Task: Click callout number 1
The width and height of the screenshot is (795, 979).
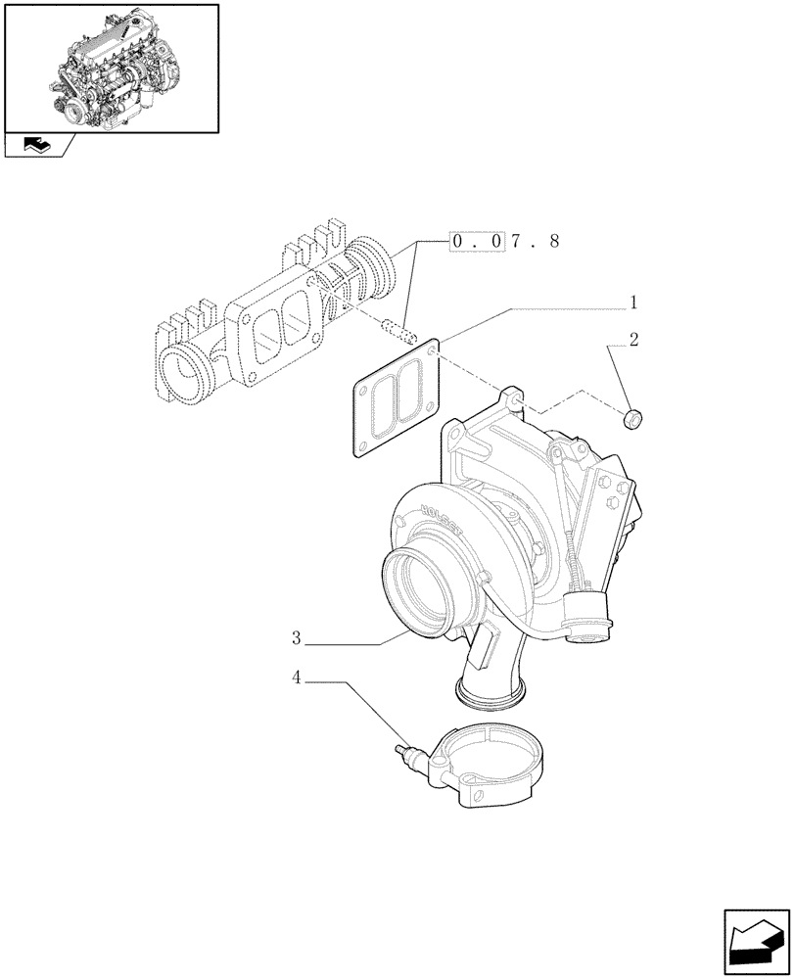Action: (x=633, y=303)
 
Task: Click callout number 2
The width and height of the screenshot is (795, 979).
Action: (x=633, y=341)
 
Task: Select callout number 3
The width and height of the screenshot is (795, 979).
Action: (x=296, y=638)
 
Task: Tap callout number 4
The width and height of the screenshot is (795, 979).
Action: (x=296, y=676)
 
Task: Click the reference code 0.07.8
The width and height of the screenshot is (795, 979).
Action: (x=504, y=242)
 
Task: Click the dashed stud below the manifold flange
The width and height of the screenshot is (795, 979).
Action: (x=398, y=331)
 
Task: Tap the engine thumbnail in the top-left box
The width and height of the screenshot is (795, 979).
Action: (x=111, y=67)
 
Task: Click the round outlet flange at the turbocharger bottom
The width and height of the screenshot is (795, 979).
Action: (x=491, y=696)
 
